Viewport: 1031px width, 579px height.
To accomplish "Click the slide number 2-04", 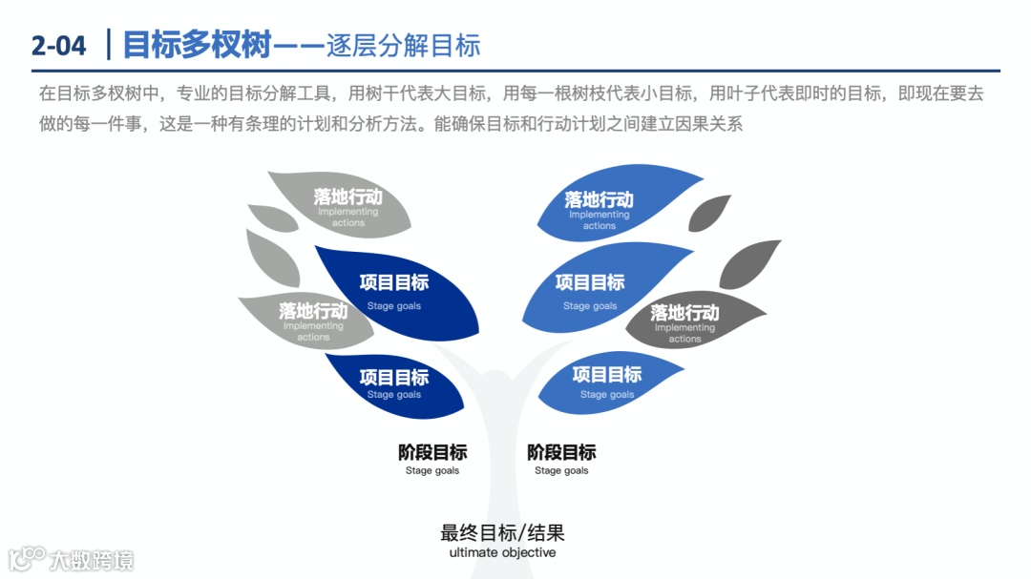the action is [58, 44].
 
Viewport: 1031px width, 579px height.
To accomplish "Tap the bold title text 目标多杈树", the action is [198, 44].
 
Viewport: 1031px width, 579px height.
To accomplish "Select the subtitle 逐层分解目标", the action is [403, 45].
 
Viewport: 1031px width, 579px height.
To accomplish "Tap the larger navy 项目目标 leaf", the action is [401, 292].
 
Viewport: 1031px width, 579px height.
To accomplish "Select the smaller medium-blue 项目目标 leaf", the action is [611, 381].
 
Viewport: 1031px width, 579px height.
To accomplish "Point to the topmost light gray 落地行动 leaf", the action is [339, 203].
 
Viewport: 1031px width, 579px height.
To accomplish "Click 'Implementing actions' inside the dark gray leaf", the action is [684, 333].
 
